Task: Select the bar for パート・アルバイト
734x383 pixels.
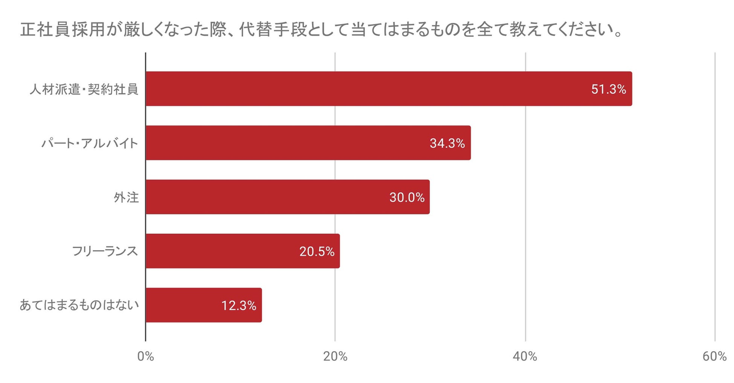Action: pyautogui.click(x=308, y=143)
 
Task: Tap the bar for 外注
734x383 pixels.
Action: pyautogui.click(x=287, y=197)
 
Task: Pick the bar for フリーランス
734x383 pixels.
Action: pyautogui.click(x=243, y=251)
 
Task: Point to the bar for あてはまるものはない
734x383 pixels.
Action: pyautogui.click(x=203, y=305)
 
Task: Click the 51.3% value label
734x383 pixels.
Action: pyautogui.click(x=608, y=90)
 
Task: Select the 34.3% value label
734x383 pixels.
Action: pyautogui.click(x=447, y=144)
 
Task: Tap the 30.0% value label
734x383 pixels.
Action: pyautogui.click(x=407, y=198)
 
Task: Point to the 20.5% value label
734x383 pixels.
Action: pyautogui.click(x=317, y=252)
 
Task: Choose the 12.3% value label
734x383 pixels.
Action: pyautogui.click(x=239, y=306)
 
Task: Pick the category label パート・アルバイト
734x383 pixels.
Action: pyautogui.click(x=90, y=143)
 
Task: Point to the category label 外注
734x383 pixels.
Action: pyautogui.click(x=126, y=198)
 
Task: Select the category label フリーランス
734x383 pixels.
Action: pyautogui.click(x=105, y=252)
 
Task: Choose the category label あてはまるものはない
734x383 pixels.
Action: pyautogui.click(x=79, y=306)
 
